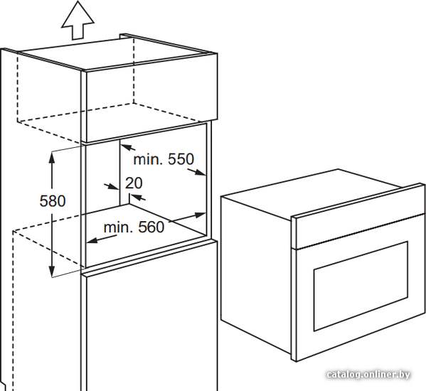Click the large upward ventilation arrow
click(x=78, y=22)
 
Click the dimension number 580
click(x=53, y=201)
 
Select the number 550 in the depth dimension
click(x=181, y=159)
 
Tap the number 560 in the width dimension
click(x=151, y=227)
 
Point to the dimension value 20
click(x=134, y=183)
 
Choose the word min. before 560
click(x=119, y=227)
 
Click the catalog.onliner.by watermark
click(x=368, y=375)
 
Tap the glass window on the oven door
click(x=361, y=286)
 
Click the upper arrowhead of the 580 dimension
click(x=52, y=158)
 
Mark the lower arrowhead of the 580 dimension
click(x=52, y=271)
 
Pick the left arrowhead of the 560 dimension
click(x=92, y=240)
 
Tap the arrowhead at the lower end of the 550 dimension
click(x=200, y=172)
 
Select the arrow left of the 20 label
click(x=112, y=186)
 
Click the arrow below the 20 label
click(x=137, y=198)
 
